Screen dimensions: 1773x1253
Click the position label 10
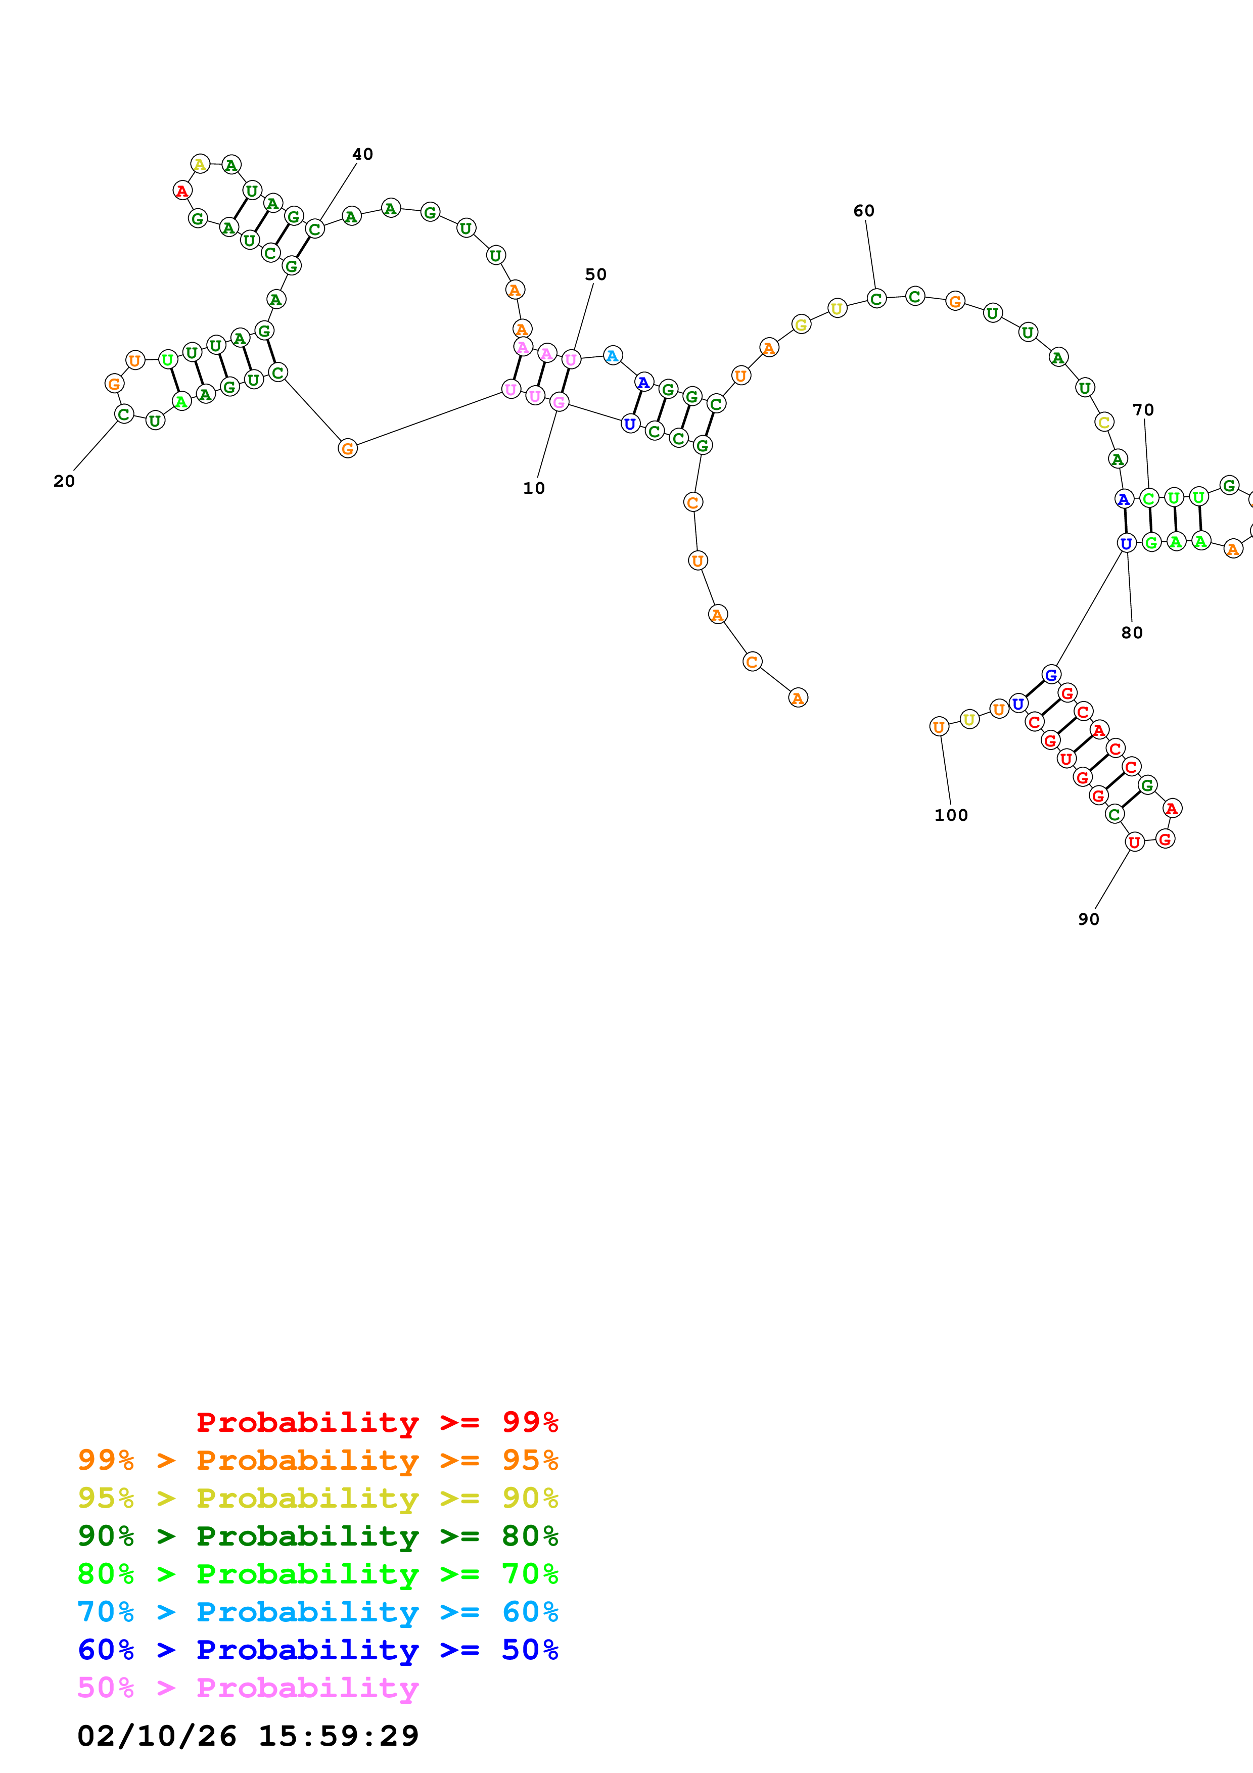point(533,488)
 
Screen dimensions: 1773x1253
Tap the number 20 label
point(64,481)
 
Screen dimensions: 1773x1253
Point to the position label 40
point(362,155)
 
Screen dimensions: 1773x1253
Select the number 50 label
point(595,275)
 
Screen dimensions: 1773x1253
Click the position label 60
point(863,211)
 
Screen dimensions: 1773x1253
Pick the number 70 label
point(1143,410)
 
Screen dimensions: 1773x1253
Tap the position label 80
point(1131,632)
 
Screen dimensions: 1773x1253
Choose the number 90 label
point(1088,919)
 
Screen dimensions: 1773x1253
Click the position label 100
point(950,815)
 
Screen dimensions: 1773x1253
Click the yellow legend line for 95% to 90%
point(317,1498)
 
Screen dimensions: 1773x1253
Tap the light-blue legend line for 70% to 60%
point(317,1612)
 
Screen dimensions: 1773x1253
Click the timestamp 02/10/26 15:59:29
point(248,1736)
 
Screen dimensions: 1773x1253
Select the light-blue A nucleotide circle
point(612,355)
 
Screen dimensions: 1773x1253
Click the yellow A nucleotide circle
point(200,164)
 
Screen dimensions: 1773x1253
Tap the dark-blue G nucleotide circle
point(1051,674)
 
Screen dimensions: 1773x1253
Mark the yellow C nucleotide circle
point(1104,423)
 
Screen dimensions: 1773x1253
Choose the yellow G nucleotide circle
point(801,324)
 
